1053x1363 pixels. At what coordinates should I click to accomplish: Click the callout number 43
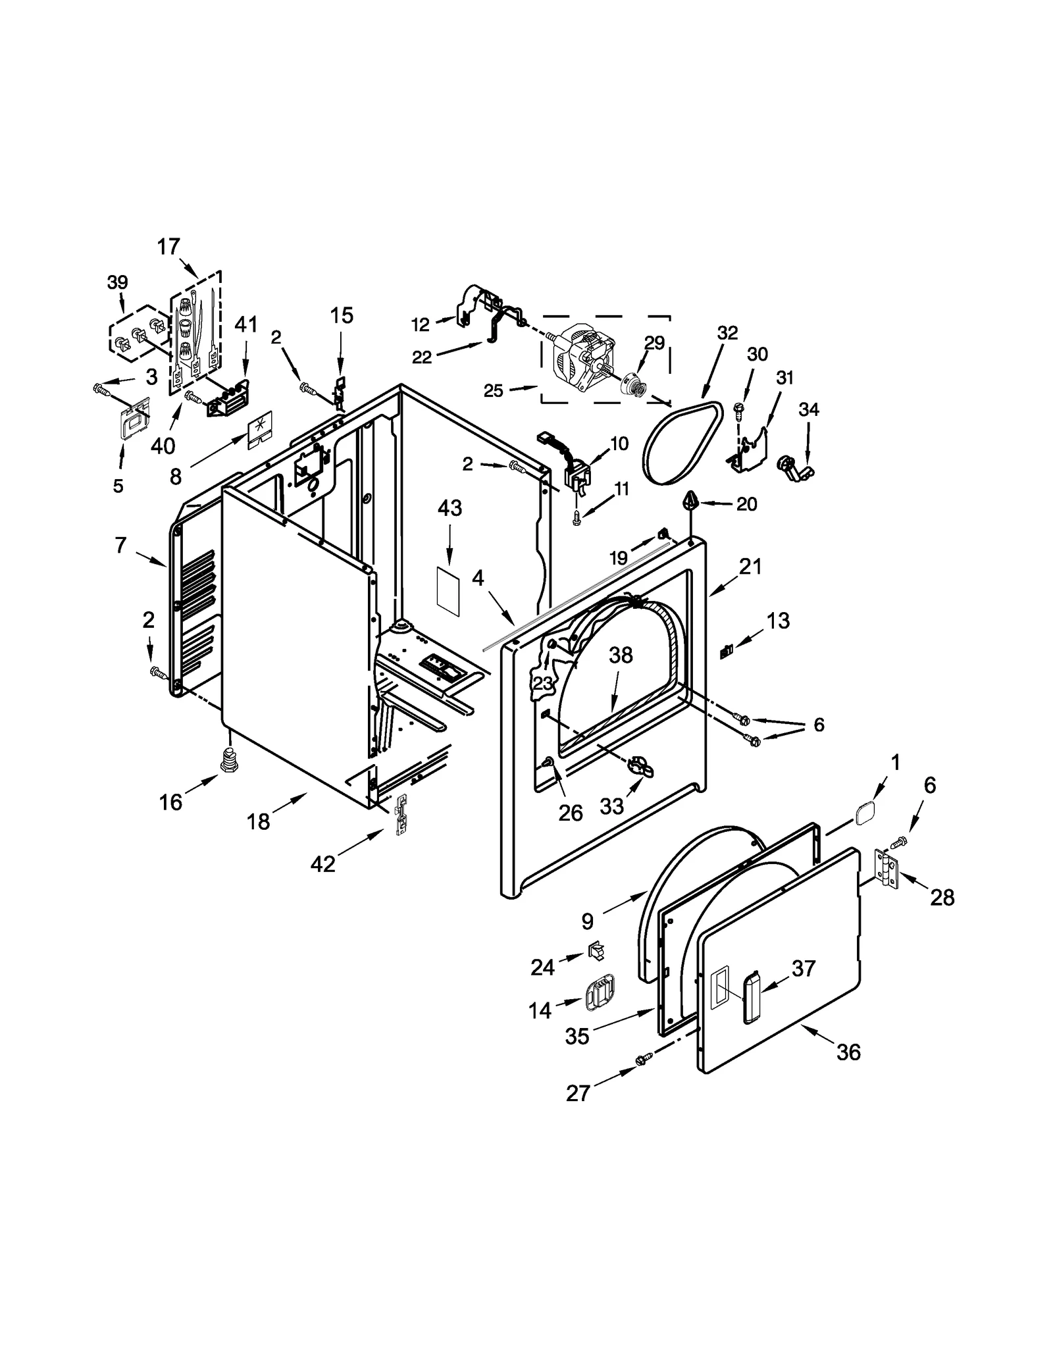point(450,508)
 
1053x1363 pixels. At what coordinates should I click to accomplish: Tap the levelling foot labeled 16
point(228,761)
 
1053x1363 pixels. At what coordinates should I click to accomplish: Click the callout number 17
point(168,247)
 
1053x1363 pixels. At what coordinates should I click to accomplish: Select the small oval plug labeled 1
point(865,813)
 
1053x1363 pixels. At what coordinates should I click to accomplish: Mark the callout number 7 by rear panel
point(120,545)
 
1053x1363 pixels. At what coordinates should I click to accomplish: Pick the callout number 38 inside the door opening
point(621,655)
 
